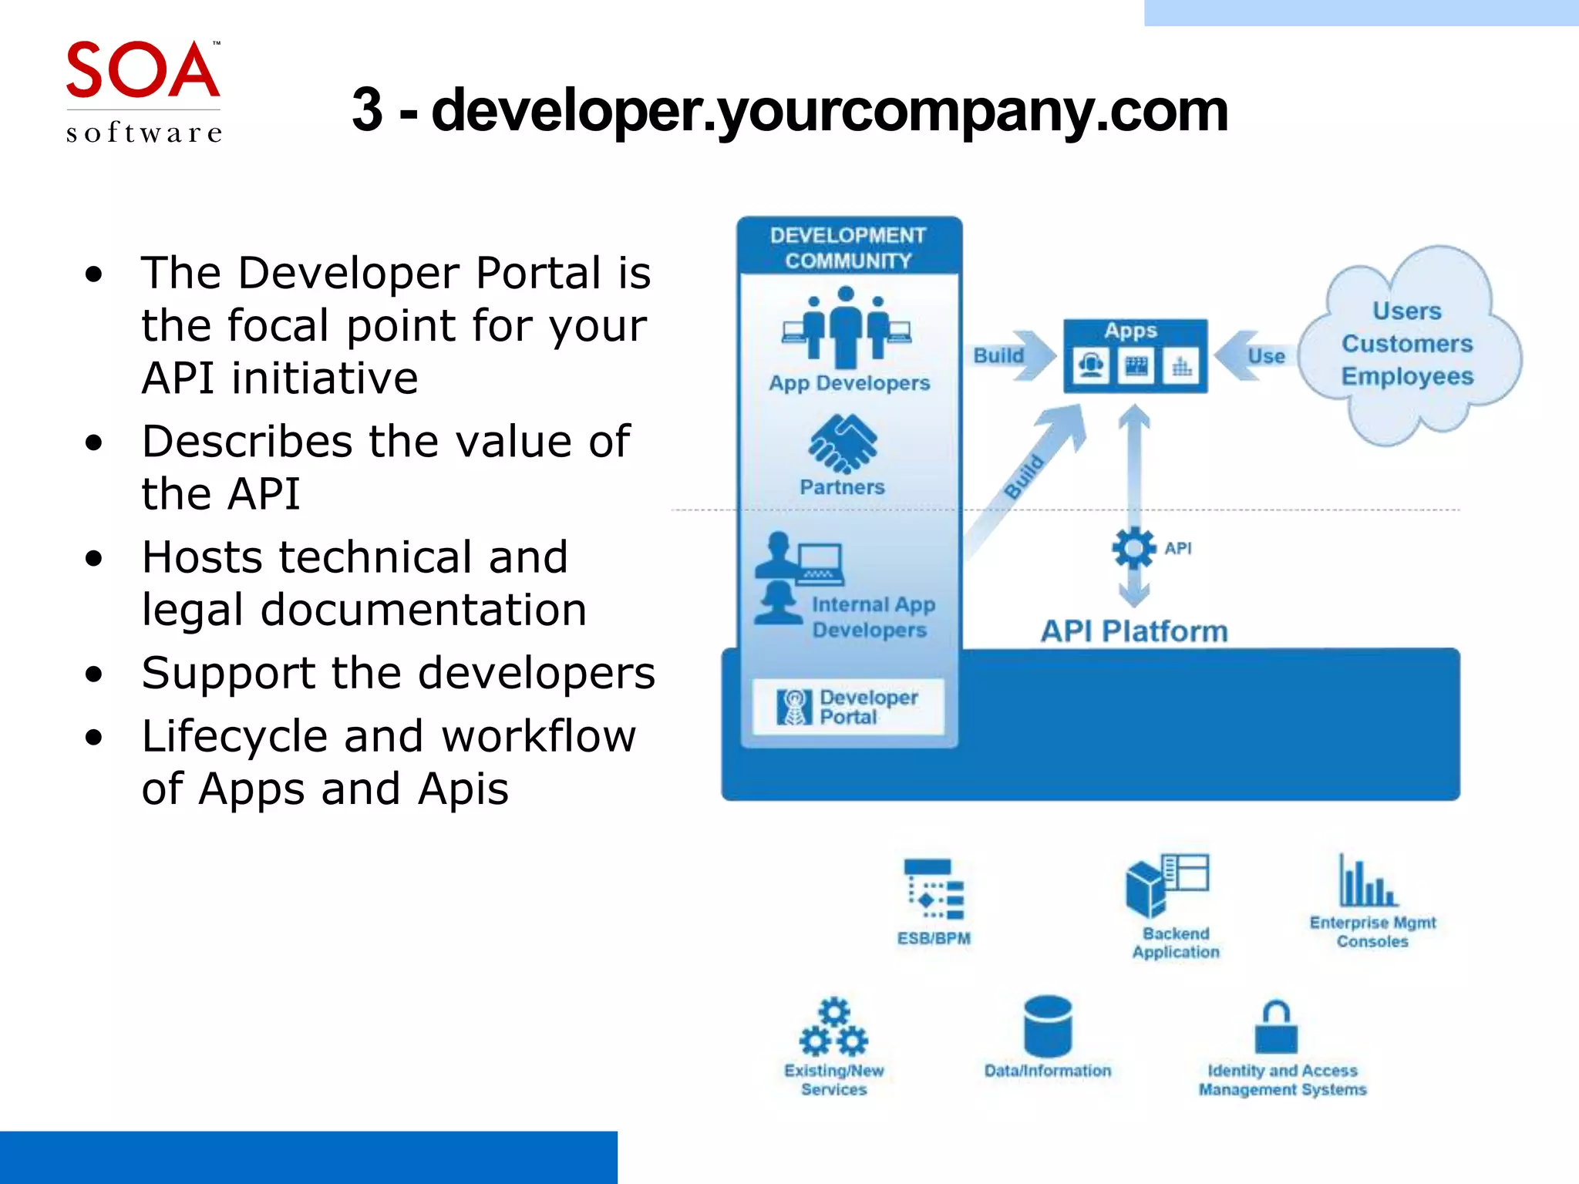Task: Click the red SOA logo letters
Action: pyautogui.click(x=143, y=71)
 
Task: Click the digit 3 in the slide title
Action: pyautogui.click(x=367, y=110)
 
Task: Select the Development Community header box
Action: pyautogui.click(x=848, y=247)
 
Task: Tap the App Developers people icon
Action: pyautogui.click(x=846, y=327)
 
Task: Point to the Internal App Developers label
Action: pyautogui.click(x=873, y=617)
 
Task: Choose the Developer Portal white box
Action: pyautogui.click(x=848, y=706)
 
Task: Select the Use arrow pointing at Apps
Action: pyautogui.click(x=1254, y=355)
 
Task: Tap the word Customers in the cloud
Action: pyautogui.click(x=1407, y=344)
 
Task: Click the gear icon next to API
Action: pyautogui.click(x=1133, y=548)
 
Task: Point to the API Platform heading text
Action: pyautogui.click(x=1134, y=631)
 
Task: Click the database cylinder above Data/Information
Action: pyautogui.click(x=1048, y=1026)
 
